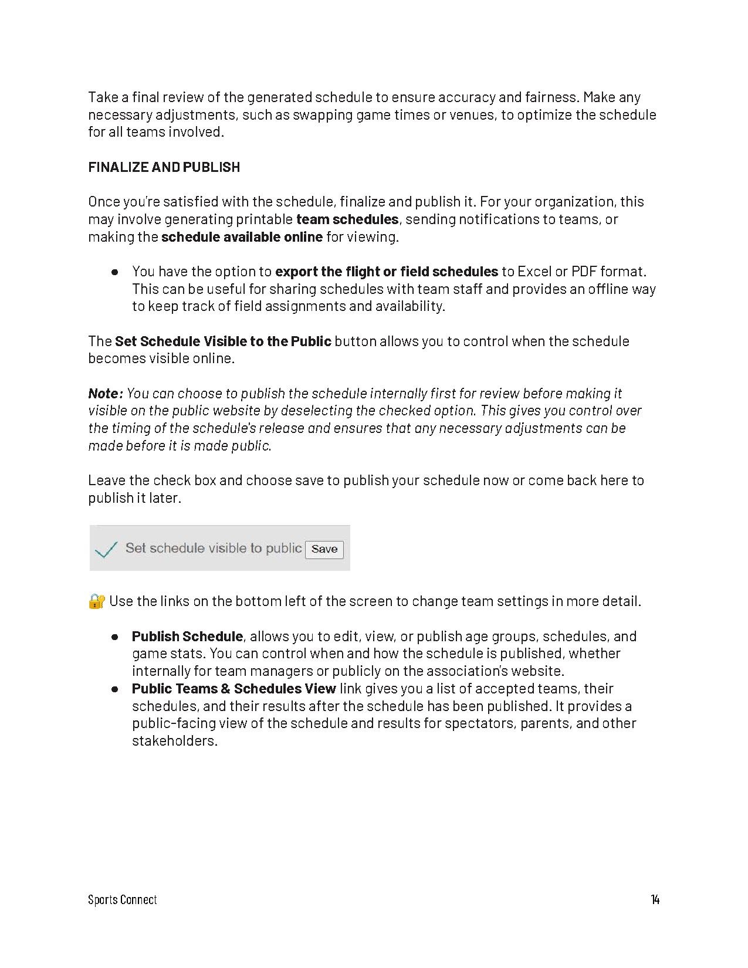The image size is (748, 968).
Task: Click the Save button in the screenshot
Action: (x=324, y=549)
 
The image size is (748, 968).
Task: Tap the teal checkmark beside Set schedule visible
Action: (x=106, y=549)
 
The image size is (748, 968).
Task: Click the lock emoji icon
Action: (x=96, y=601)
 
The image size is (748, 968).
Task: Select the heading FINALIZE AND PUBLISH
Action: (x=164, y=167)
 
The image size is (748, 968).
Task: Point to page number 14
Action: (x=655, y=899)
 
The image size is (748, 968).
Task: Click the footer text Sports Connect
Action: (x=123, y=899)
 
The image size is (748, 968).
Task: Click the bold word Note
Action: (x=104, y=393)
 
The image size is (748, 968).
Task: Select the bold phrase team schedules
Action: (x=347, y=219)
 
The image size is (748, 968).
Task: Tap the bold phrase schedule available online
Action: (x=242, y=237)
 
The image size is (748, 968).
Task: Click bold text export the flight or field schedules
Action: (x=387, y=272)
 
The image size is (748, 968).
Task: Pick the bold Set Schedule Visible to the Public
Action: (x=223, y=341)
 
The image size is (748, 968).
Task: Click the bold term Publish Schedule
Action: (x=187, y=637)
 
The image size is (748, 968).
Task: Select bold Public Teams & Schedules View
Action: (x=233, y=689)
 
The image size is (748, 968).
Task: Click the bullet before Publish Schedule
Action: (x=115, y=637)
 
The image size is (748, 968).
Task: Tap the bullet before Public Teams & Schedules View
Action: (x=115, y=689)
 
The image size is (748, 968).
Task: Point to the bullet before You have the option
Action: (x=115, y=272)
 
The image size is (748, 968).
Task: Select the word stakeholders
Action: (x=174, y=741)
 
